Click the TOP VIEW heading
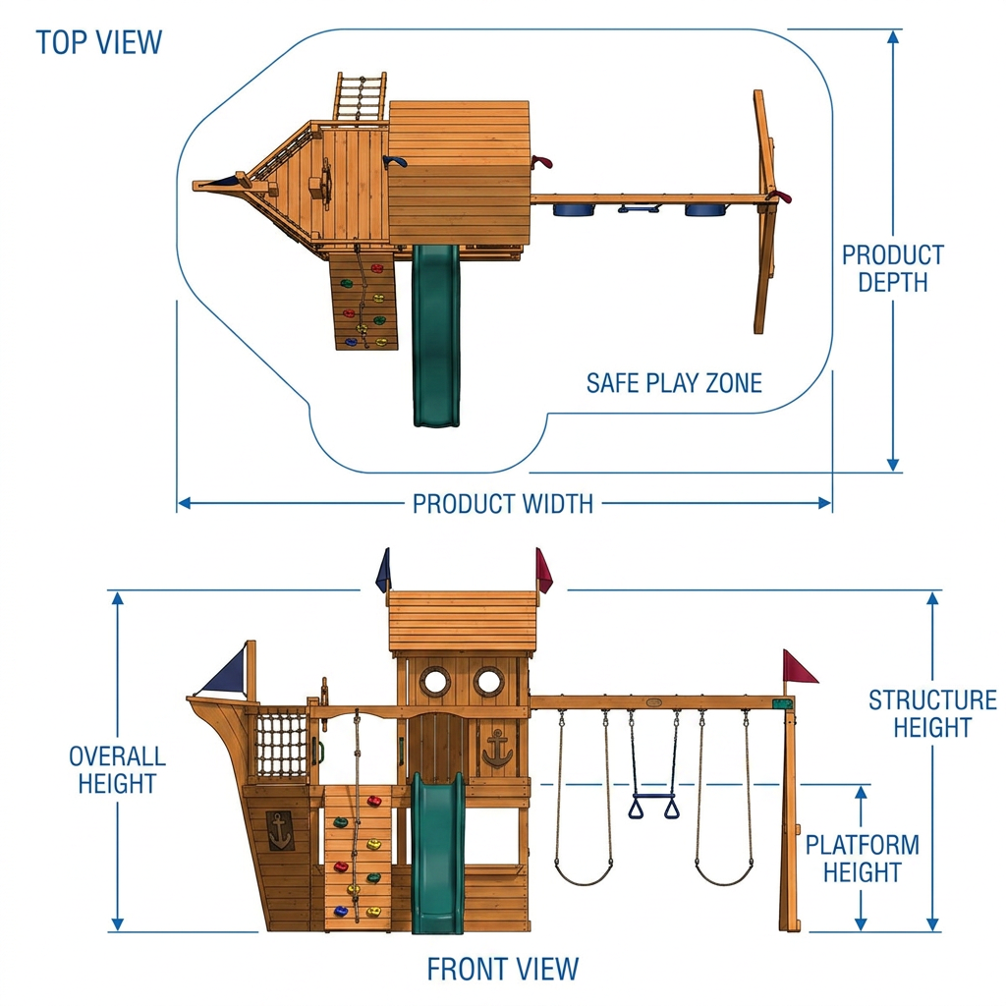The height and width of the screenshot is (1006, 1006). click(99, 42)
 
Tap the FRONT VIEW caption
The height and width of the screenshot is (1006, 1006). click(503, 969)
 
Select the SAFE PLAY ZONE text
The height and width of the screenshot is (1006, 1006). click(674, 383)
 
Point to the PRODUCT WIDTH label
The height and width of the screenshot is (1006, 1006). click(503, 504)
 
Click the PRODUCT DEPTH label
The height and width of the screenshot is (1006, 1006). click(893, 269)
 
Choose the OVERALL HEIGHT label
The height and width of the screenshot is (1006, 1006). click(118, 770)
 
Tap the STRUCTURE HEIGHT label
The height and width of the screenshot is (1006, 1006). click(933, 713)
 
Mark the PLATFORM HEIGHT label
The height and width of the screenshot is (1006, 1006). click(863, 859)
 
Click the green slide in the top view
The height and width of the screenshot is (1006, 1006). click(436, 335)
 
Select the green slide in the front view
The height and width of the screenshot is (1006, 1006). click(437, 854)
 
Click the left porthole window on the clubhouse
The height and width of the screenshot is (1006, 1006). click(435, 681)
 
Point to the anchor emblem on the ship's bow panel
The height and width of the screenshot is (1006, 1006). click(280, 830)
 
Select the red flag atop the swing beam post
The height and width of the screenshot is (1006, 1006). click(798, 667)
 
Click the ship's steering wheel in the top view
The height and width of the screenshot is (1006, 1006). click(326, 185)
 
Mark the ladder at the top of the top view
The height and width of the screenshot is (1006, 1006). click(360, 96)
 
